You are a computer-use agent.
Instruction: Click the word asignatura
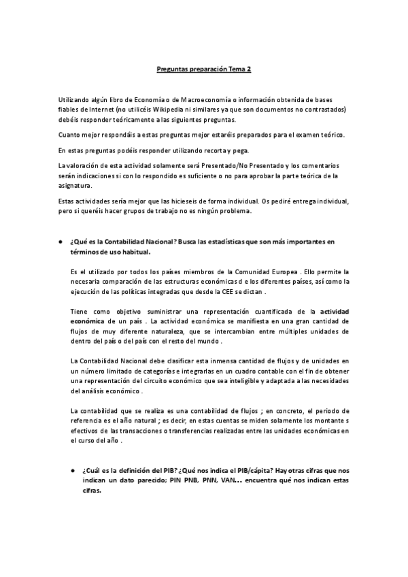78,185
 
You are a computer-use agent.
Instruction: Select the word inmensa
233,359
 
